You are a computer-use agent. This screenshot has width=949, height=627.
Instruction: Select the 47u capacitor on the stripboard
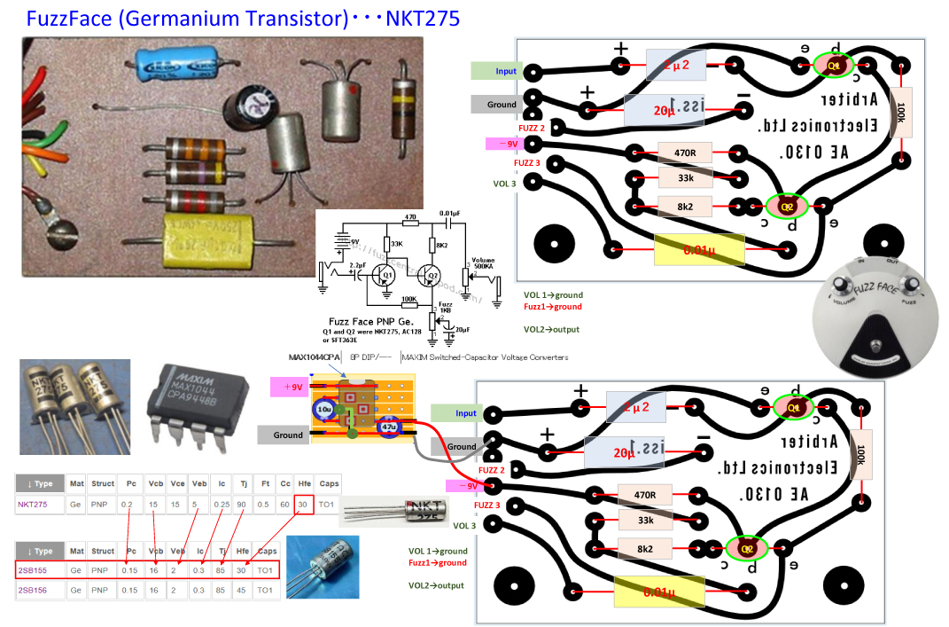click(x=388, y=427)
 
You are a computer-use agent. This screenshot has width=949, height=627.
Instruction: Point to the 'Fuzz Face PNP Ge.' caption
click(x=383, y=321)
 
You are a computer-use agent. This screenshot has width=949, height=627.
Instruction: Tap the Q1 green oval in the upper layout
click(x=834, y=66)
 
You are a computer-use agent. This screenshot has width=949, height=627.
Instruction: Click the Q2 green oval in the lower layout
click(x=745, y=549)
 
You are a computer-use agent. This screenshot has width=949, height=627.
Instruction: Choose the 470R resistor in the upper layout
click(x=685, y=153)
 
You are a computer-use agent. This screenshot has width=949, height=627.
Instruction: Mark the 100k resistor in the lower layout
click(x=860, y=455)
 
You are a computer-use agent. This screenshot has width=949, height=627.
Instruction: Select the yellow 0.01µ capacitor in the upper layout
click(x=698, y=249)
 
